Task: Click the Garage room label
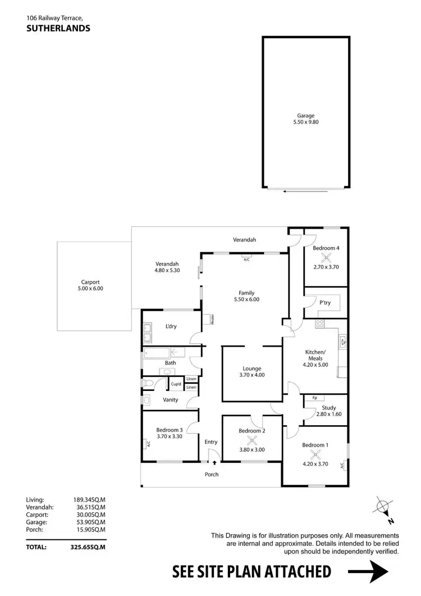306,116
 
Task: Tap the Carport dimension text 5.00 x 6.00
90,289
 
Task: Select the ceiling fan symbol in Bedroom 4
326,258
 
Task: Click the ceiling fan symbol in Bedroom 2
251,440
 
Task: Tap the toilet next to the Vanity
148,383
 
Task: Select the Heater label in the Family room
213,319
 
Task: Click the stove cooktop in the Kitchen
320,324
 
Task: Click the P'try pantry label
325,302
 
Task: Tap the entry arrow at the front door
214,461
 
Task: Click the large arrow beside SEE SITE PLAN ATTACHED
369,572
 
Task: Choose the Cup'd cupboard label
176,384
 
